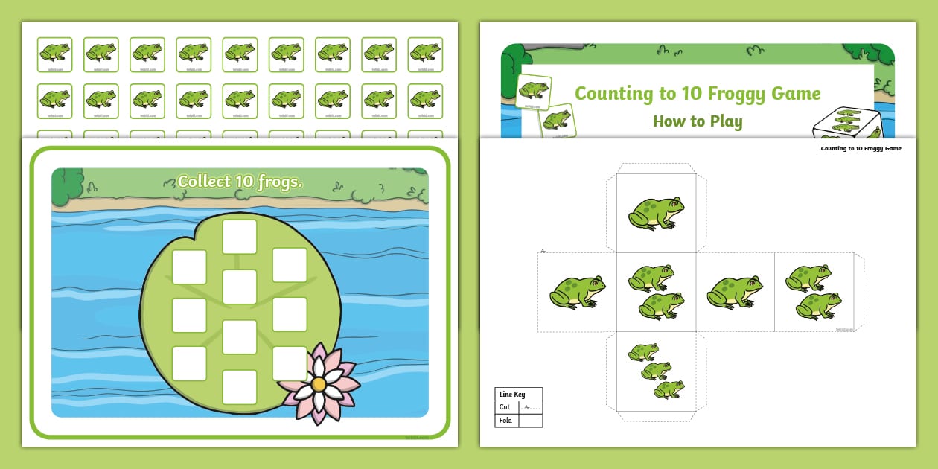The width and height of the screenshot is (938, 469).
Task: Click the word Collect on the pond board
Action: pos(203,181)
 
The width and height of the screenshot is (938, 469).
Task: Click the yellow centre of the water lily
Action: pos(318,384)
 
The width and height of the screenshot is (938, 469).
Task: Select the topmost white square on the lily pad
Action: pos(240,237)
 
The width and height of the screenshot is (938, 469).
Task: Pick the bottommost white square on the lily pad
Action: pos(240,387)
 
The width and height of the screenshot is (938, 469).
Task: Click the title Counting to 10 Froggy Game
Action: pos(698,94)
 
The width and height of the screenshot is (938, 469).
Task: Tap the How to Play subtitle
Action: pos(698,121)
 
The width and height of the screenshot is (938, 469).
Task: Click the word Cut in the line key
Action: pos(505,407)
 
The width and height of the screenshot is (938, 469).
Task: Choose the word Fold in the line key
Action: pos(505,421)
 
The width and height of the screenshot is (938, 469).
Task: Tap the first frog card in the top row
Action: pos(55,52)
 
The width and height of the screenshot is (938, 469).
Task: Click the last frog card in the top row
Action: pos(424,52)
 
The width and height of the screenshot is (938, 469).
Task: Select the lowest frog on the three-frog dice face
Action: pos(669,389)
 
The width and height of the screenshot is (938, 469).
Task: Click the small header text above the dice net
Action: pos(861,148)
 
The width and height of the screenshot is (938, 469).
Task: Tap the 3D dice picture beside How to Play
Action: pos(849,124)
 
